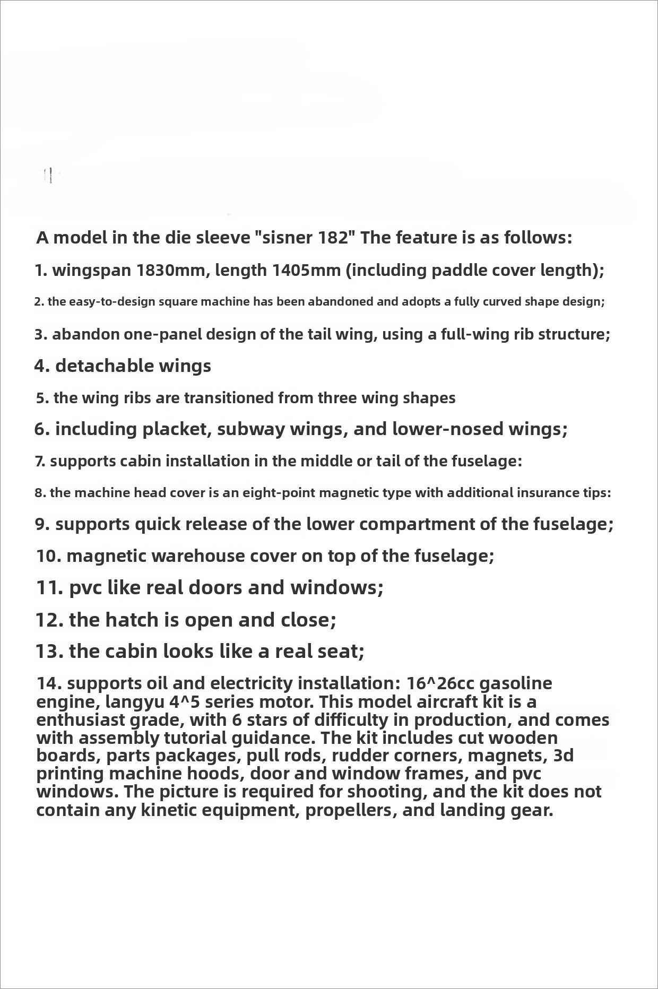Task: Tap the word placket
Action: point(175,429)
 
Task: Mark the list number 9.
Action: point(42,524)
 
